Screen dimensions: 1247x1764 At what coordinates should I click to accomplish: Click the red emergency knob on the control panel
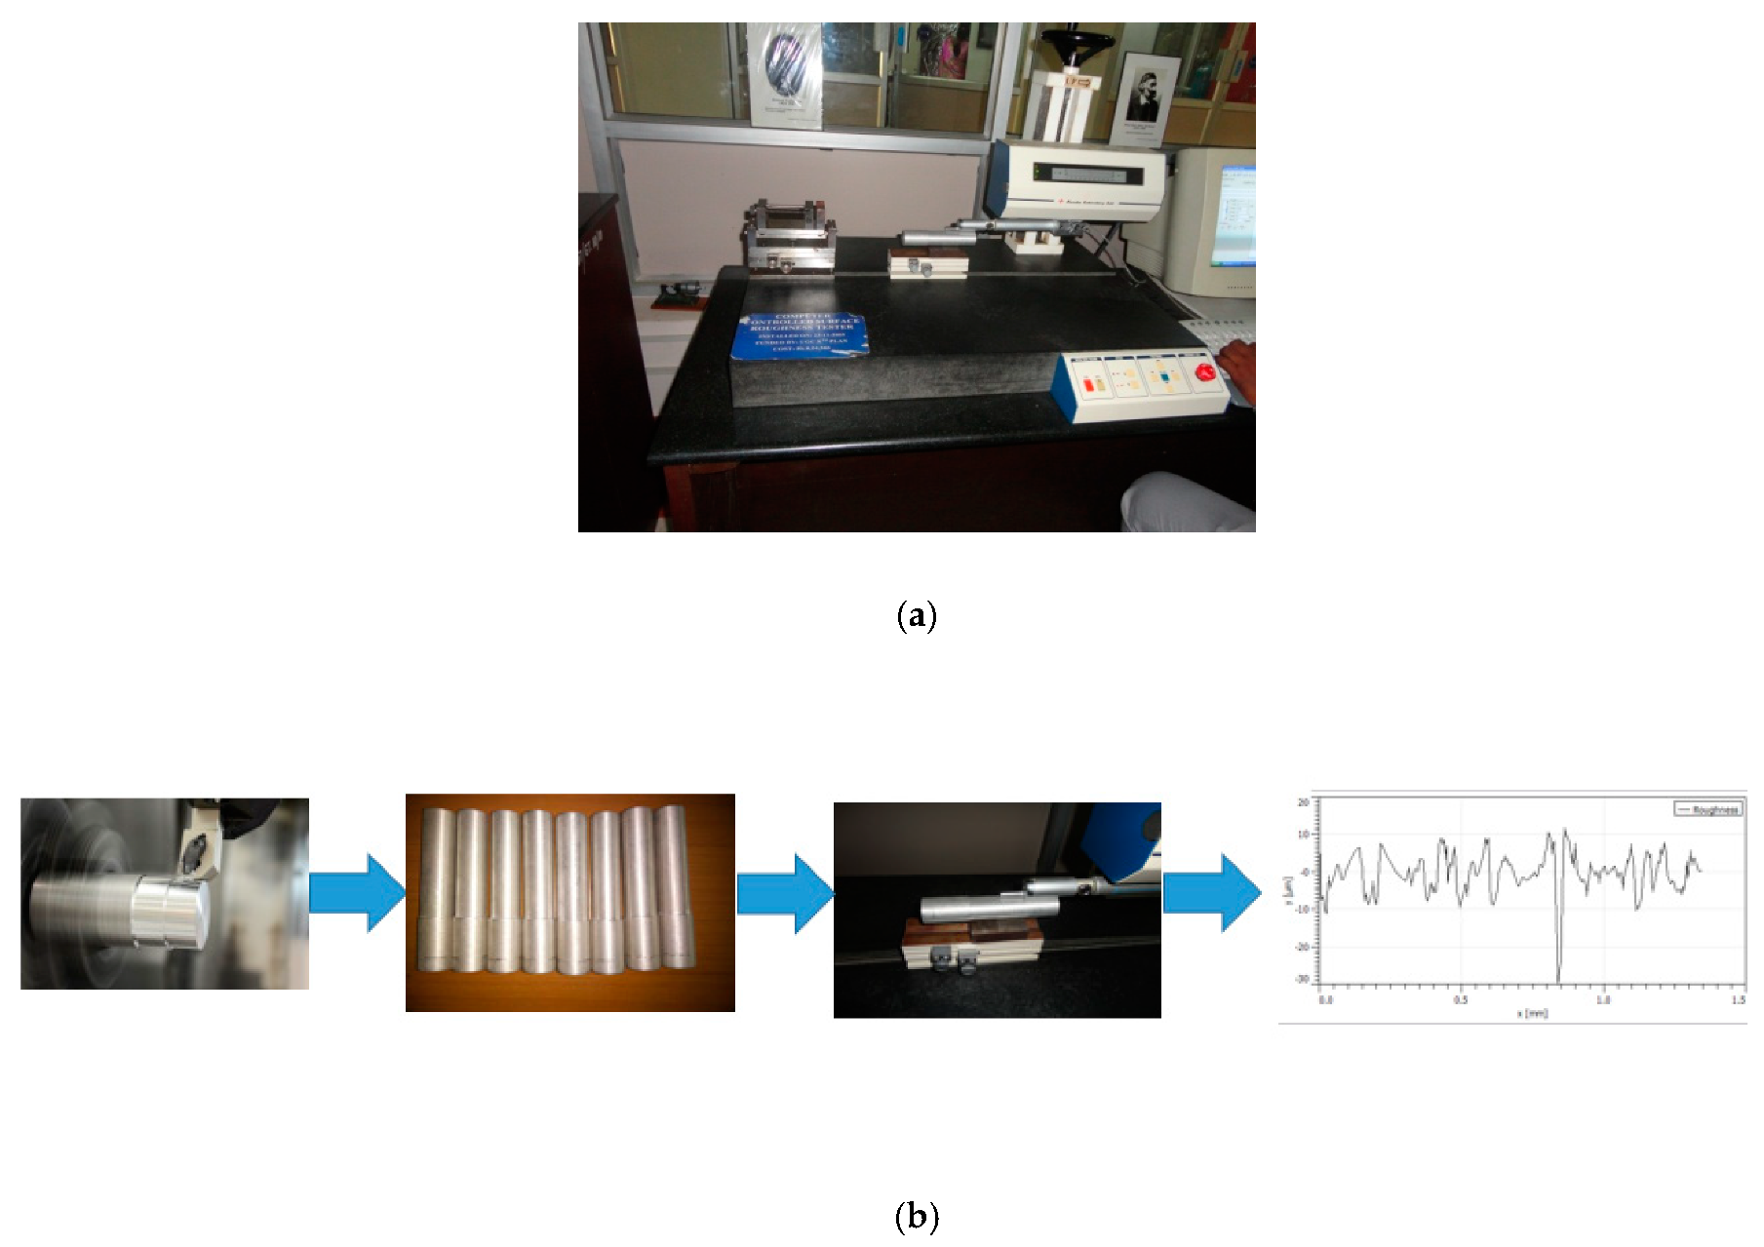coord(1205,371)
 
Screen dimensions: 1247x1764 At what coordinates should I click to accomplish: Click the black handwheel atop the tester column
coord(1076,43)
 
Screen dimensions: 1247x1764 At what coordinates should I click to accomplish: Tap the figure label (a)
coord(916,616)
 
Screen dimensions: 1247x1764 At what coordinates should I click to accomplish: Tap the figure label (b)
coord(916,1216)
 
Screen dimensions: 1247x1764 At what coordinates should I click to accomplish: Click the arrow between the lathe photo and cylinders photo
coord(357,892)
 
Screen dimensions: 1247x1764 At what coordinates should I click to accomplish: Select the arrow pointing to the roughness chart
coord(1211,892)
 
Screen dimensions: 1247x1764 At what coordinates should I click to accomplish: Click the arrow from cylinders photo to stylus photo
coord(784,893)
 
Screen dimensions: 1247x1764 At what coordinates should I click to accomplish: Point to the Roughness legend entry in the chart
coord(1707,809)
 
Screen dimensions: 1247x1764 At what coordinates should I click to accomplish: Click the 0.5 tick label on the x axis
coord(1460,999)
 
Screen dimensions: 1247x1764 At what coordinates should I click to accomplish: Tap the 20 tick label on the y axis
coord(1304,802)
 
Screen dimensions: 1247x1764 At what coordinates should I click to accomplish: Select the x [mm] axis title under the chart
coord(1531,1013)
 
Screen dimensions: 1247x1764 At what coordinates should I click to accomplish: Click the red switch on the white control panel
coord(1088,385)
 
